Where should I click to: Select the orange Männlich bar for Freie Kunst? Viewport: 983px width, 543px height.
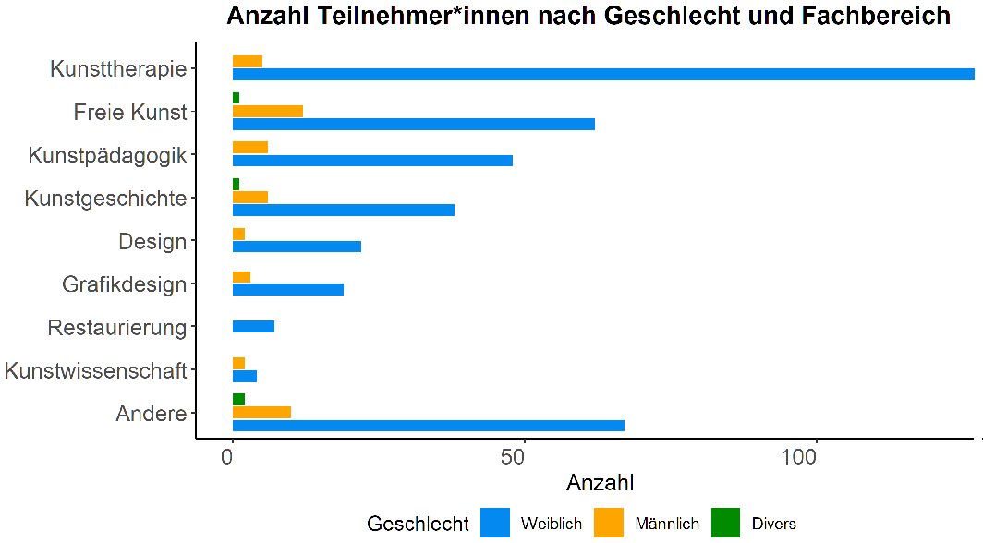[x=268, y=111]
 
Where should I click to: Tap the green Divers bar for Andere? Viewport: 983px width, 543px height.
[x=238, y=399]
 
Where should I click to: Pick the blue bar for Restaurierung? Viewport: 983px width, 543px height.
[x=253, y=326]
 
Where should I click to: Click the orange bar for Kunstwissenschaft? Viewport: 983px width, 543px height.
[x=238, y=363]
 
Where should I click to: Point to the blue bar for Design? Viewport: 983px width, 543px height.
[x=297, y=246]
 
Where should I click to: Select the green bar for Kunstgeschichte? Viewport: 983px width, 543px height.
[x=236, y=184]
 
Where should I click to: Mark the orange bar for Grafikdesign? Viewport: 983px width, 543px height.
[x=241, y=277]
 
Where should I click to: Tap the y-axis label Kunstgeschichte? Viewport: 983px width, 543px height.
[x=106, y=199]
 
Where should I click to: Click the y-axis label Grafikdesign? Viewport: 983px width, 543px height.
[x=125, y=284]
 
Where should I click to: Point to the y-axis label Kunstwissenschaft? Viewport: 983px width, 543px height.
[x=96, y=371]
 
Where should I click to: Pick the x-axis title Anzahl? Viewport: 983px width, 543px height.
[x=600, y=483]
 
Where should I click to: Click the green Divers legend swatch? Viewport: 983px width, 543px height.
[x=726, y=524]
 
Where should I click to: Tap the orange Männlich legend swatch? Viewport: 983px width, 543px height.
[x=609, y=524]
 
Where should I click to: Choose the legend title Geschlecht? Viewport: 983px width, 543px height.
[x=418, y=524]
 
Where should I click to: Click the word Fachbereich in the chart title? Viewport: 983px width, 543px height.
[x=868, y=16]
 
